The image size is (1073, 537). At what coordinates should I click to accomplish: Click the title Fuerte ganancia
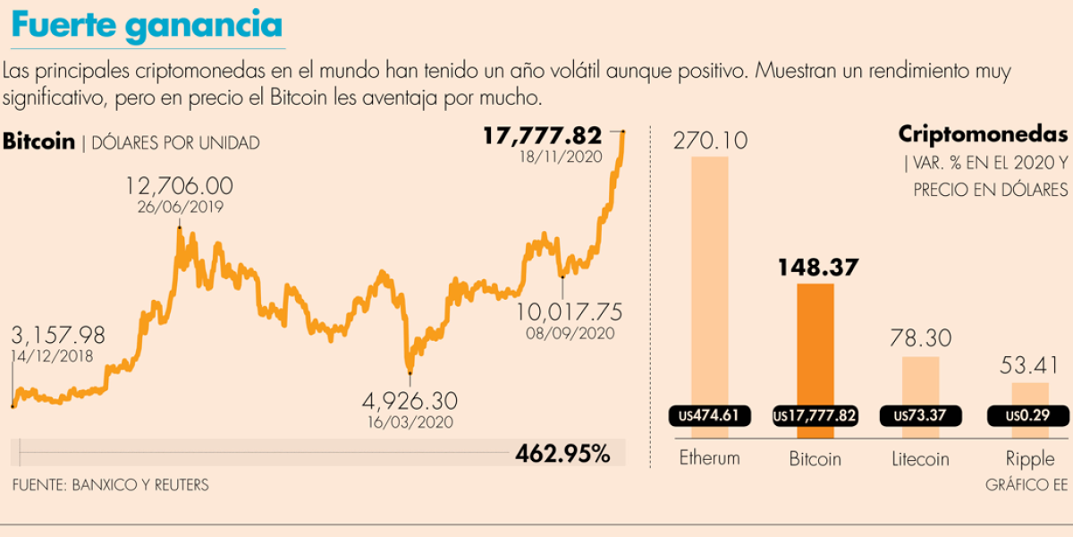(147, 27)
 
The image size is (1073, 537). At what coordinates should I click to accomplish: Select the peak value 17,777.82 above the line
(542, 136)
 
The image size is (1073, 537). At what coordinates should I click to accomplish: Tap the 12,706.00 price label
(179, 186)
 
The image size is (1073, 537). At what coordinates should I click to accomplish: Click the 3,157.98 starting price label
(59, 336)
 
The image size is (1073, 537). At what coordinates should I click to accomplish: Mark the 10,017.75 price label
(570, 312)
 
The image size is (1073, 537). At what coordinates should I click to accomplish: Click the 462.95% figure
(562, 454)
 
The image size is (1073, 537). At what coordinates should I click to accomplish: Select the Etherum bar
(710, 277)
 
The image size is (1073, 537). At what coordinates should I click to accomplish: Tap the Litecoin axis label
(920, 459)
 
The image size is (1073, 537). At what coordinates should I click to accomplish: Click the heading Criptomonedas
(982, 135)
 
